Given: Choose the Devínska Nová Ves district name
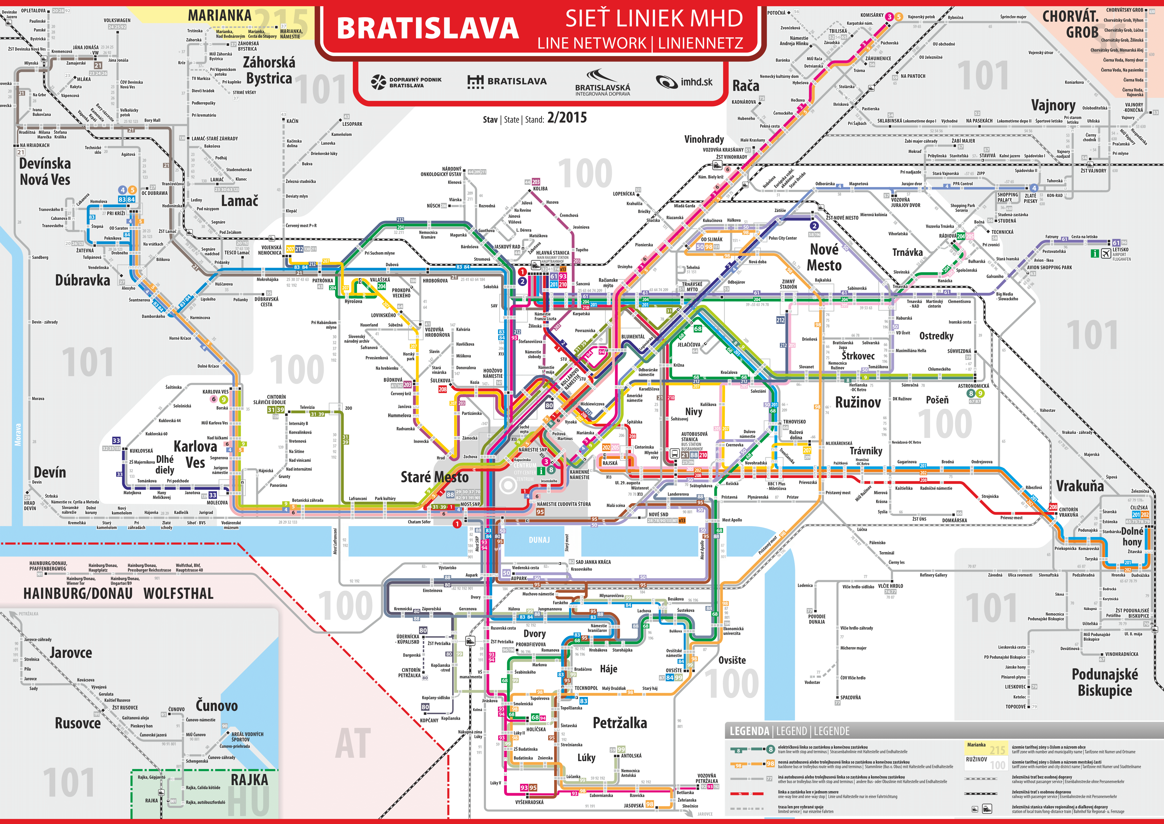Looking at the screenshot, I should pyautogui.click(x=45, y=171).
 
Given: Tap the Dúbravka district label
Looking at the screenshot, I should pyautogui.click(x=82, y=280).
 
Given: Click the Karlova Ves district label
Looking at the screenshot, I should pyautogui.click(x=195, y=454).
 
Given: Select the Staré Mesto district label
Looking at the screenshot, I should pyautogui.click(x=434, y=477).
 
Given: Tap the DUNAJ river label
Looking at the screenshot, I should pyautogui.click(x=539, y=540).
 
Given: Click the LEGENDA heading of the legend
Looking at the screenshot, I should pyautogui.click(x=749, y=731).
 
